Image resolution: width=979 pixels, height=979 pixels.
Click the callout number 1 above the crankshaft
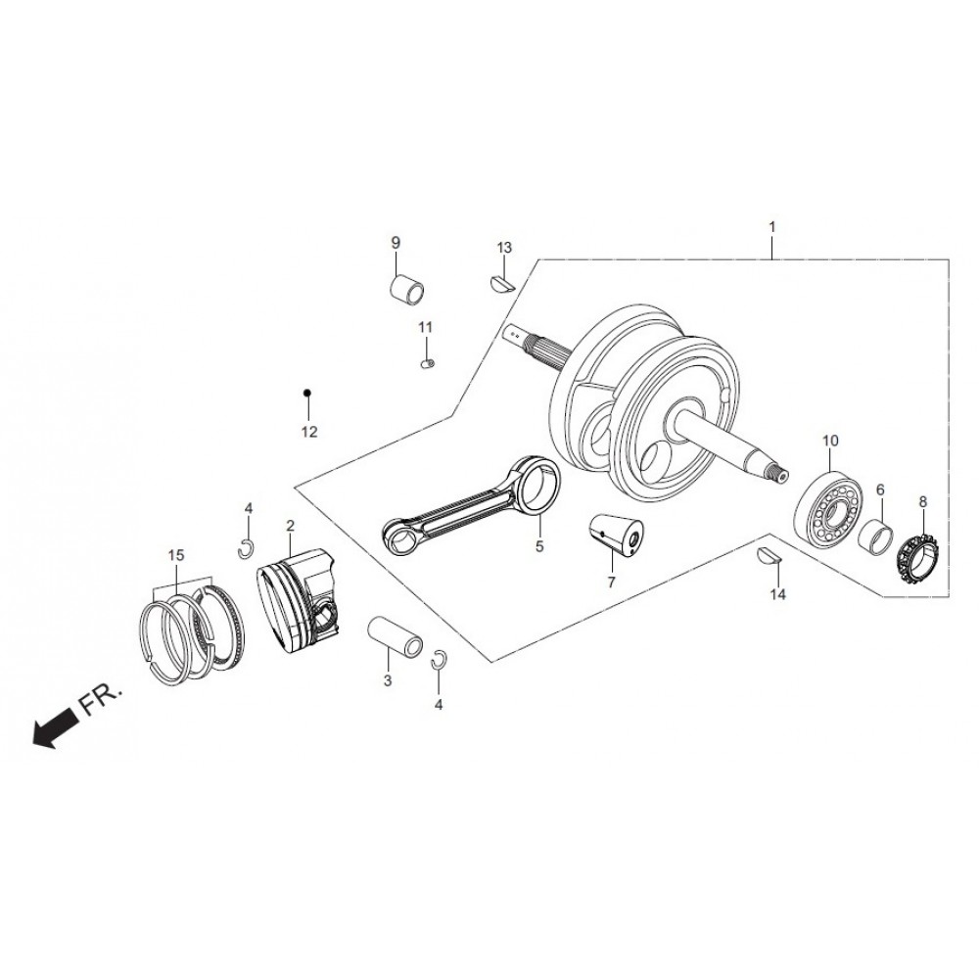click(771, 227)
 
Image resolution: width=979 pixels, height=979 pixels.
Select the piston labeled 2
click(299, 600)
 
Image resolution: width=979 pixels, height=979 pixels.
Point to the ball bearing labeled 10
click(828, 509)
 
